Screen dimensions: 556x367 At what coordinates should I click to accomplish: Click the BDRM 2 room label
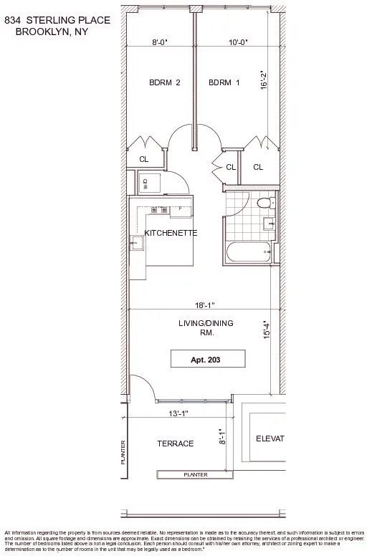[164, 82]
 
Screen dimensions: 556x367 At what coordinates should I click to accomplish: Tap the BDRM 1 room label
[224, 82]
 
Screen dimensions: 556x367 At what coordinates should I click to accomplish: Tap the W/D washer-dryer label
[145, 182]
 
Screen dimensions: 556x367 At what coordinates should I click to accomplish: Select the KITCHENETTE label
[171, 234]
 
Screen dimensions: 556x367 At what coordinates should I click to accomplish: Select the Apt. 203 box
[208, 359]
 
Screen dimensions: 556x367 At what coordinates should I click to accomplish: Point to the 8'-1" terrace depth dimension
[221, 437]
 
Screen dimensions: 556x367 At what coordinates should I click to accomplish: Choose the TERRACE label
[176, 444]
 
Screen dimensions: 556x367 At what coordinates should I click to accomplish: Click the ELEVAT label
[270, 438]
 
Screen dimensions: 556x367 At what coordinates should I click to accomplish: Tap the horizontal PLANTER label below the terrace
[196, 474]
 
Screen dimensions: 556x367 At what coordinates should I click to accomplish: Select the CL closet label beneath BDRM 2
[144, 160]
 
